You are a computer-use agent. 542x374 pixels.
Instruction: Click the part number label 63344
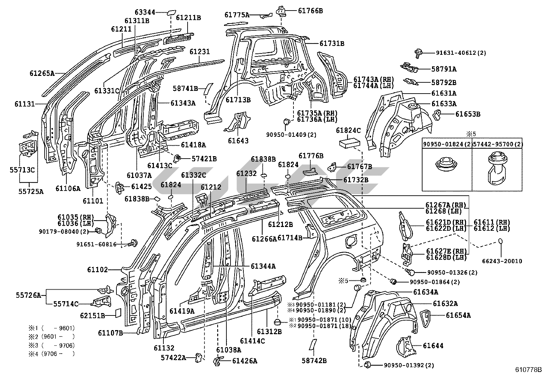pyautogui.click(x=145, y=12)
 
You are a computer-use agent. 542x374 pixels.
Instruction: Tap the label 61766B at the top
pyautogui.click(x=310, y=11)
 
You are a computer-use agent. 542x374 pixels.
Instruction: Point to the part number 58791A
pyautogui.click(x=444, y=69)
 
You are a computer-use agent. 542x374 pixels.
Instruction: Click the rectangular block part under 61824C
pyautogui.click(x=349, y=144)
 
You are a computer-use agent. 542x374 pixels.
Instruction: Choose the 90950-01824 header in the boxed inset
pyautogui.click(x=447, y=144)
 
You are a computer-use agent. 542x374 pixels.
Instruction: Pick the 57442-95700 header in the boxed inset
pyautogui.click(x=498, y=144)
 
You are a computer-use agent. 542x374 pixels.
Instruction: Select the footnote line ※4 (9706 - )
pyautogui.click(x=52, y=354)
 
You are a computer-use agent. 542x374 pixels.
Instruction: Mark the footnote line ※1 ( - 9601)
pyautogui.click(x=52, y=328)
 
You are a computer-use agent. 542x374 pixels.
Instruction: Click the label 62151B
pyautogui.click(x=93, y=316)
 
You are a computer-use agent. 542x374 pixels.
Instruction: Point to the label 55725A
pyautogui.click(x=31, y=192)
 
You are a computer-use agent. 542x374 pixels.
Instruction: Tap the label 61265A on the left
pyautogui.click(x=42, y=73)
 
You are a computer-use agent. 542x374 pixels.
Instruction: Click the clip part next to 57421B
pyautogui.click(x=177, y=159)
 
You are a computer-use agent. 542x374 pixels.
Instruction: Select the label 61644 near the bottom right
pyautogui.click(x=433, y=346)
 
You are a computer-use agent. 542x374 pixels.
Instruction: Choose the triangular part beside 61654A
pyautogui.click(x=426, y=318)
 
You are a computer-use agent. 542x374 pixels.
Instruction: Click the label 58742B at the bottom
pyautogui.click(x=314, y=361)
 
